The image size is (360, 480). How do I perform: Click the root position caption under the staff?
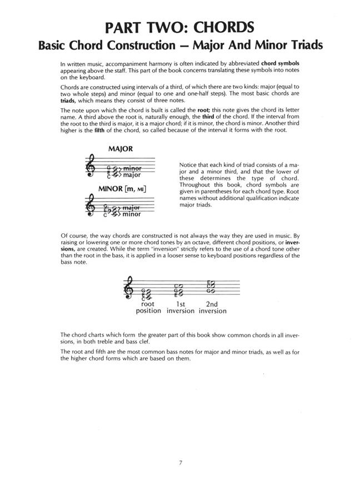pos(148,307)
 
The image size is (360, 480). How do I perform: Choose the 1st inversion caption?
pos(181,307)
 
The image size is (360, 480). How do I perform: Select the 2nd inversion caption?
pos(212,307)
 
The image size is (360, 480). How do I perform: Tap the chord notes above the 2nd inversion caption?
pos(211,287)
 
